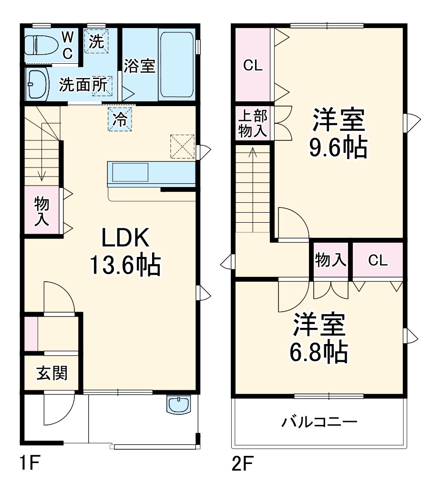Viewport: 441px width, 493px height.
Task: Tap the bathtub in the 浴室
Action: click(x=176, y=64)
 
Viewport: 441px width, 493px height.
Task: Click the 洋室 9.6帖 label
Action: click(x=338, y=133)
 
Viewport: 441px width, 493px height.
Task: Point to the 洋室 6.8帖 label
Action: click(x=318, y=337)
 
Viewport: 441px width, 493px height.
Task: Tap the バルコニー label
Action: click(x=319, y=422)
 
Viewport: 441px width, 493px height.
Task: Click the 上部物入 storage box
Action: click(x=253, y=124)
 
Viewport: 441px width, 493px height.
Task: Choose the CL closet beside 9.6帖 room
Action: click(x=253, y=66)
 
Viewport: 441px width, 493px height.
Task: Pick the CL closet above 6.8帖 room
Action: click(x=378, y=260)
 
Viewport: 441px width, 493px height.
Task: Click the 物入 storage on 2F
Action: click(x=330, y=260)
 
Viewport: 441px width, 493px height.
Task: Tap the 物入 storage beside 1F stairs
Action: click(x=42, y=211)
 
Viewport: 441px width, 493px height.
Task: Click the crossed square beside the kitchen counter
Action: click(x=182, y=146)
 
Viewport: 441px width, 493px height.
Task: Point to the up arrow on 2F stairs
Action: click(x=253, y=152)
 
